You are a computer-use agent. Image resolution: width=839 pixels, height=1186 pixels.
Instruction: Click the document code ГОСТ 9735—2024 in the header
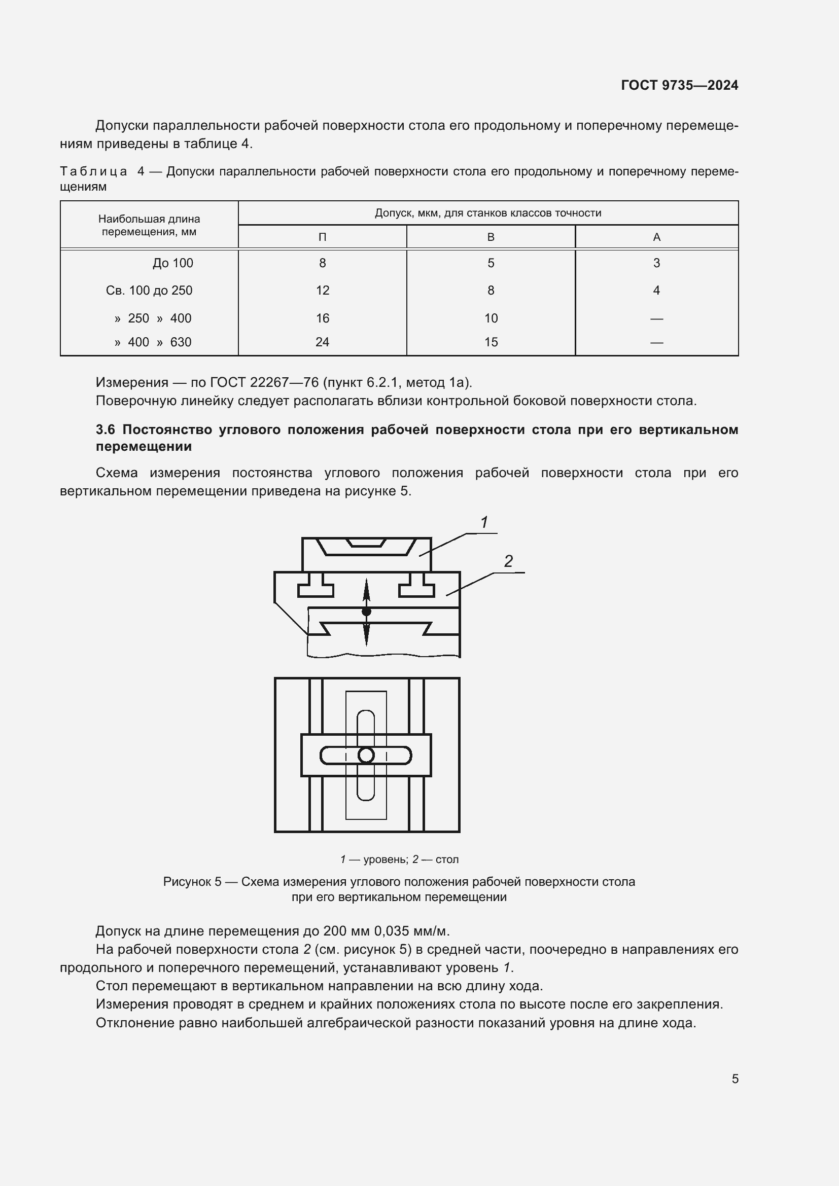679,85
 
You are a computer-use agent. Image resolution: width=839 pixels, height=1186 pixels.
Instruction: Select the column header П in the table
322,237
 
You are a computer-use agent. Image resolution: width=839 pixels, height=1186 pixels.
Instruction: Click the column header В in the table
491,237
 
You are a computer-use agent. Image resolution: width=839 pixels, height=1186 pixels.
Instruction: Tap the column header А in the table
656,237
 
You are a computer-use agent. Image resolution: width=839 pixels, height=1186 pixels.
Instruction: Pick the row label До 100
172,263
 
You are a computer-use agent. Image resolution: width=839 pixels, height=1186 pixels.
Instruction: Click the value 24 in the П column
322,342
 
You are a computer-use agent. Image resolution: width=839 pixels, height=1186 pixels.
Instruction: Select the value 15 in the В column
491,342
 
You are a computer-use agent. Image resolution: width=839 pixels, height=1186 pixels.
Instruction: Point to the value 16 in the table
322,318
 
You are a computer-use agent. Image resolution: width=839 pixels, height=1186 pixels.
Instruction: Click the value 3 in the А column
656,263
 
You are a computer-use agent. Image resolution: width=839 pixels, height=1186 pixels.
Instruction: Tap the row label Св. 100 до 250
149,291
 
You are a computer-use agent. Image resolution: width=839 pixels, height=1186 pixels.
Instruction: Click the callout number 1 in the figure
484,522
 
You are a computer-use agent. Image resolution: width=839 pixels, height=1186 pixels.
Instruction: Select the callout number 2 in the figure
508,561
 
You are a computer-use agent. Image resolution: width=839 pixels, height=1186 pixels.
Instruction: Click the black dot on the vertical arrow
366,612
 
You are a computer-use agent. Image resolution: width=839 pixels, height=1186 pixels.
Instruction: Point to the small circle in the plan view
366,755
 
